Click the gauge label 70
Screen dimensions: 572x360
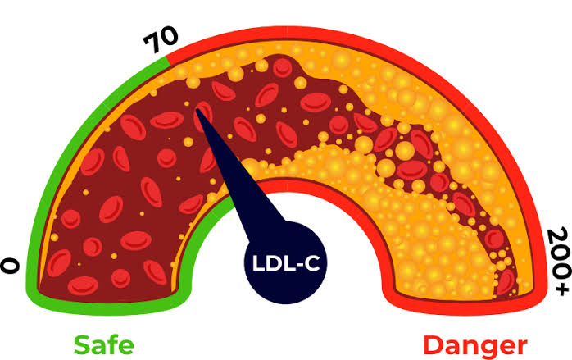point(161,40)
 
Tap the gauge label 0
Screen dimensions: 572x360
point(10,266)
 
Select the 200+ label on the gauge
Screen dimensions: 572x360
point(558,261)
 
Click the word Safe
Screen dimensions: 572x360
point(104,344)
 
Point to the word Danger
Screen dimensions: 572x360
point(475,347)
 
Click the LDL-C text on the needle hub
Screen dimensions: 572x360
point(286,263)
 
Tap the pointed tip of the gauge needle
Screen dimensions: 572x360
point(197,110)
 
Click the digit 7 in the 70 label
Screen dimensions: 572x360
point(152,43)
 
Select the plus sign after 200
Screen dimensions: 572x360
point(561,288)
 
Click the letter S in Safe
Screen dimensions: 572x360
point(82,345)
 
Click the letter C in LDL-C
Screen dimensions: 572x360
point(312,263)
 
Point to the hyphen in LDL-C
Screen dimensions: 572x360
point(298,265)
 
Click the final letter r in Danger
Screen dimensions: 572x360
point(522,348)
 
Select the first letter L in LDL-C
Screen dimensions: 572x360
point(258,263)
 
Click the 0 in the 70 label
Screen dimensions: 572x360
point(170,37)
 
